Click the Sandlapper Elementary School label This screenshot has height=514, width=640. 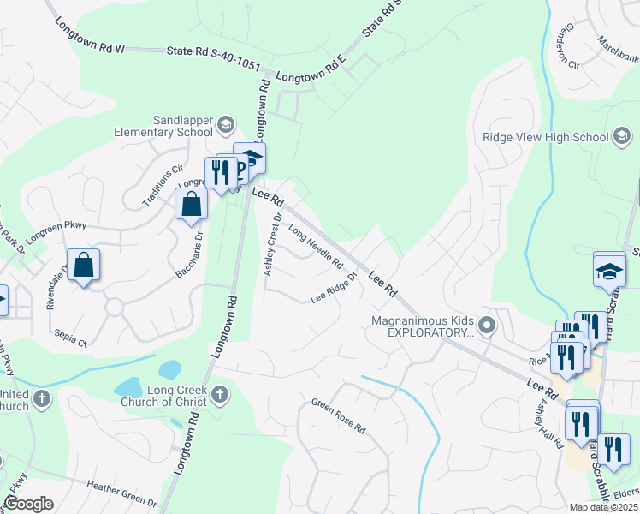coord(165,127)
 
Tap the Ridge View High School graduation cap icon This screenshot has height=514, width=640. coord(622,137)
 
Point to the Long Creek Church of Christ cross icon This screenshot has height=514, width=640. coord(220,395)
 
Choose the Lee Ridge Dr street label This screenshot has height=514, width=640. coord(333,295)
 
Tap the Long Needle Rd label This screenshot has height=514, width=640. coord(315,246)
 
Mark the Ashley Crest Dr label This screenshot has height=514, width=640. coord(272,244)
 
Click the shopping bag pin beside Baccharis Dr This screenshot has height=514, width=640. coord(192,205)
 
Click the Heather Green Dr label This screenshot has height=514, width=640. coord(121,493)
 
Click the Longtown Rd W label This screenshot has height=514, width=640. coord(89,38)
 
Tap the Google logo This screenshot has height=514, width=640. coord(27,504)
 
